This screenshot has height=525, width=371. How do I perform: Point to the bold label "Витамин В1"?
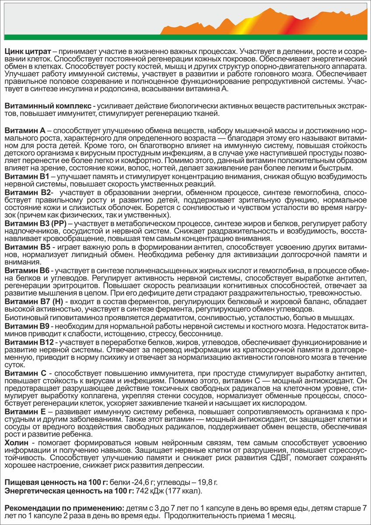pyautogui.click(x=27, y=176)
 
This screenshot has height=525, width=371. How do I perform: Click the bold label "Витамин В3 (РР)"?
pyautogui.click(x=35, y=224)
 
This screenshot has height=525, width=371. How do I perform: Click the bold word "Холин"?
pyautogui.click(x=17, y=443)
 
